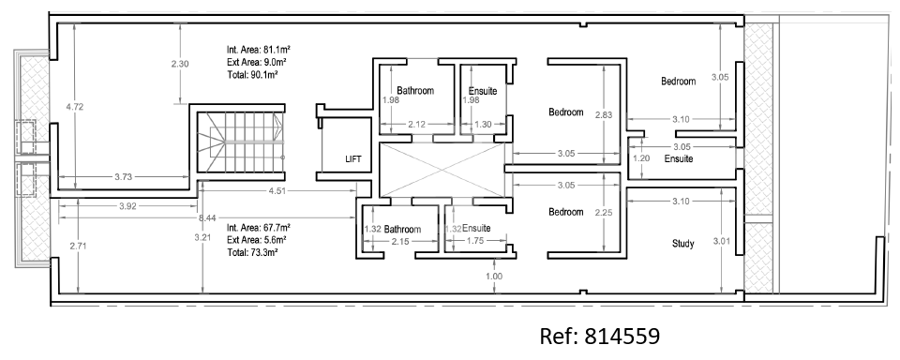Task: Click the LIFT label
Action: (353, 159)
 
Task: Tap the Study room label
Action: (683, 244)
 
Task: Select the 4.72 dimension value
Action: (75, 106)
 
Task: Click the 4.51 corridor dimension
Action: (277, 191)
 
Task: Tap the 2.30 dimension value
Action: (180, 64)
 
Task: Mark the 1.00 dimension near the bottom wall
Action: (494, 277)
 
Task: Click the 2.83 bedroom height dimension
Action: (604, 114)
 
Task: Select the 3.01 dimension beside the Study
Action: (722, 241)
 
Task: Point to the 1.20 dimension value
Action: (641, 158)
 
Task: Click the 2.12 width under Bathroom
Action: (416, 124)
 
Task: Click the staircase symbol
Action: (241, 142)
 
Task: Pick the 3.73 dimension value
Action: (123, 177)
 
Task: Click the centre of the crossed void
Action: (442, 170)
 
